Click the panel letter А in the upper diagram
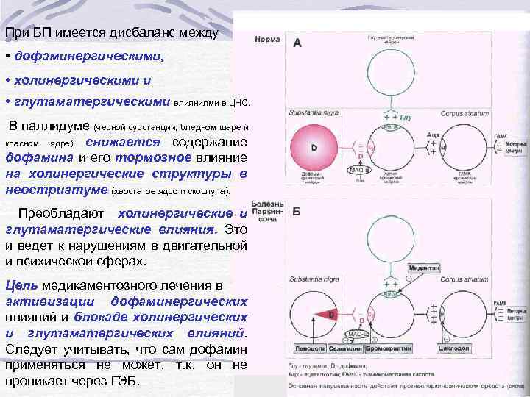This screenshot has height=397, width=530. coord(297,43)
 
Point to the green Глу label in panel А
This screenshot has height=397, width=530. coord(406,117)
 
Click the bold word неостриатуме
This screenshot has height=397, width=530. coord(55,190)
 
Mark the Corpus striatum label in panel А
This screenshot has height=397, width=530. coord(462,113)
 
